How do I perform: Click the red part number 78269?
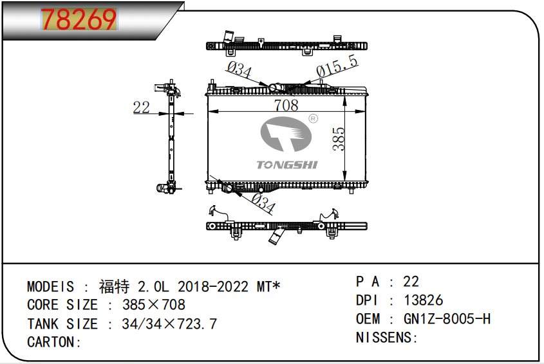79,19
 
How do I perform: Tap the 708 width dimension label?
286,105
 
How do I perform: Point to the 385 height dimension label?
339,139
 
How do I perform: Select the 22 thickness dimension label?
141,107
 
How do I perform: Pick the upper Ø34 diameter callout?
239,69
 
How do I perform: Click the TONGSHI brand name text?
287,165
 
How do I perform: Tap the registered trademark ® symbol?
313,118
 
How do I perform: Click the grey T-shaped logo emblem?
286,134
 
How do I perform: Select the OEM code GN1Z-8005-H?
447,318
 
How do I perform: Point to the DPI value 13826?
423,300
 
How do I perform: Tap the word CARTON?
50,342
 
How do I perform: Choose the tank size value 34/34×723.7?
169,323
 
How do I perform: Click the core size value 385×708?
154,305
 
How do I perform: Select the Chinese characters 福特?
114,286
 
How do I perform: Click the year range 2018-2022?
213,287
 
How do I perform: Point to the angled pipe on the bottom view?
277,236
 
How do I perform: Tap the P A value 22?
411,282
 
